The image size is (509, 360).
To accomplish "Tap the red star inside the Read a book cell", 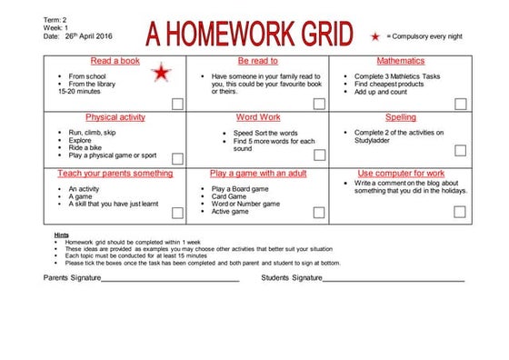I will point(161,74).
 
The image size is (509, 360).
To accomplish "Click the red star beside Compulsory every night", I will point(375,35).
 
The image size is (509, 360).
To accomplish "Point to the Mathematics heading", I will point(400,60).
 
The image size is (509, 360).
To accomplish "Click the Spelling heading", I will point(400,117).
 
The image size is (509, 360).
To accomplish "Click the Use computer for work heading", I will point(400,173).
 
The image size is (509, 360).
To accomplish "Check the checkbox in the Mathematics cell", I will point(460,104).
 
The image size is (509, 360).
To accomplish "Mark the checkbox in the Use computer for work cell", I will point(460,212).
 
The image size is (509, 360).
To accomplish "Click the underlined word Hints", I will point(61,235).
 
